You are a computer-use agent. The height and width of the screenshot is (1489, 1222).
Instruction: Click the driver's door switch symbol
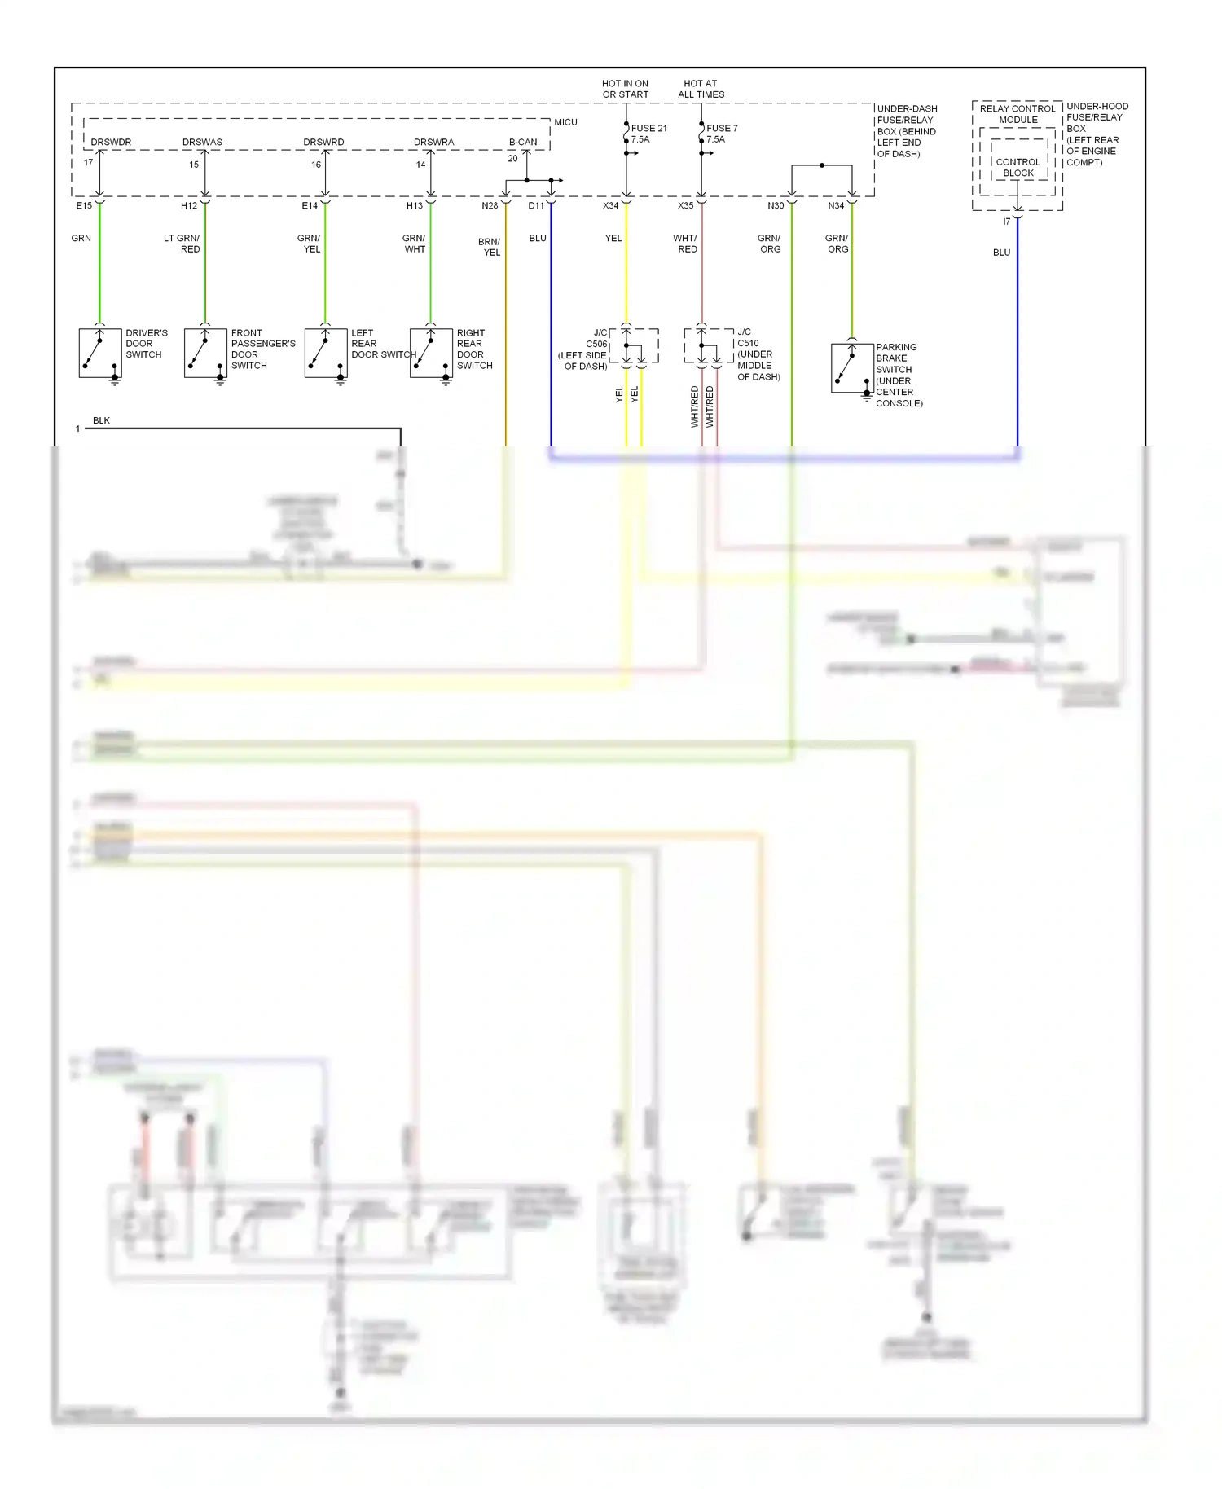(x=100, y=353)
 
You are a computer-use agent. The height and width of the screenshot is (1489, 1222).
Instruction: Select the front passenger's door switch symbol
(x=205, y=353)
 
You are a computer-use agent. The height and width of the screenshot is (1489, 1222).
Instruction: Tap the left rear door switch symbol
(x=326, y=353)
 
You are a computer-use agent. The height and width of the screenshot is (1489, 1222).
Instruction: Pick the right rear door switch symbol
(x=431, y=353)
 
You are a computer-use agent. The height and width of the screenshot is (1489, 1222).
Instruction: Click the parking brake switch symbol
(x=852, y=368)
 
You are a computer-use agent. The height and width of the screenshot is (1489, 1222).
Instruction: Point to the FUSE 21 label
(x=648, y=129)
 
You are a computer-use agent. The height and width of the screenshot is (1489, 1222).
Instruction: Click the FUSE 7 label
(x=722, y=129)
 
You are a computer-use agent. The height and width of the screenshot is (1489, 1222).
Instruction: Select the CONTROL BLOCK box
(x=1018, y=168)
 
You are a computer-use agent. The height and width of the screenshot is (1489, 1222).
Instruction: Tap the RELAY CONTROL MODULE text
(x=1018, y=114)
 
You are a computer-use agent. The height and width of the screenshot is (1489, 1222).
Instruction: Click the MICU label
(x=565, y=122)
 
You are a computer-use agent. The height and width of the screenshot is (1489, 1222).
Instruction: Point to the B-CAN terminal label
(x=523, y=142)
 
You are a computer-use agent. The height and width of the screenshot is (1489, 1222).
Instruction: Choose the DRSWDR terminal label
(x=111, y=142)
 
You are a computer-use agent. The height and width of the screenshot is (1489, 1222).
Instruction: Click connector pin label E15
(x=84, y=206)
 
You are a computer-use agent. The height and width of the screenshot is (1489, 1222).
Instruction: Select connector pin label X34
(x=610, y=206)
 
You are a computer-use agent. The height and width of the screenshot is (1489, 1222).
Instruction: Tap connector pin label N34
(x=836, y=206)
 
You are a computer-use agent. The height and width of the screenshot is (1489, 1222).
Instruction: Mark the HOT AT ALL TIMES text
(x=701, y=89)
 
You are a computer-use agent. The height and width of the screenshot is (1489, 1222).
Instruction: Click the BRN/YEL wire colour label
(x=490, y=247)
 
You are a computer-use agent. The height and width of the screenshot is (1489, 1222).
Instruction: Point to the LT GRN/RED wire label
(x=182, y=244)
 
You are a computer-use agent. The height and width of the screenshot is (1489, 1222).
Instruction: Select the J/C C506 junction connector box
(x=634, y=346)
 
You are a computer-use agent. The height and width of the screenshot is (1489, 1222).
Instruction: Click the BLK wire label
(x=101, y=420)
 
